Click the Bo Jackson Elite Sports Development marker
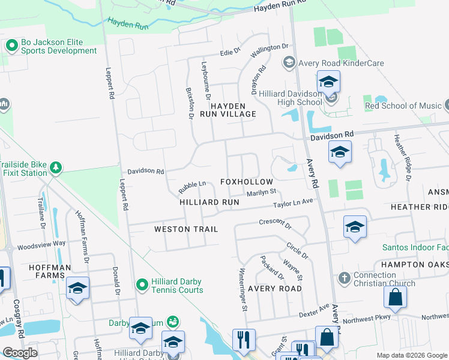(11, 46)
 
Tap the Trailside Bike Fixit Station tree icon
(56, 167)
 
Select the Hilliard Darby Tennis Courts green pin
(142, 284)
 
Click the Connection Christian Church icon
(344, 278)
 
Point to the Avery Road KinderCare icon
(289, 62)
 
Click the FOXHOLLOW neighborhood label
(246, 182)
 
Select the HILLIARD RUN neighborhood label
(209, 203)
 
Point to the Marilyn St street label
(261, 193)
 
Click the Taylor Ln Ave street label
(294, 203)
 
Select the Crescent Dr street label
(275, 224)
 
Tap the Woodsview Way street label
(41, 244)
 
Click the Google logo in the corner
(20, 353)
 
